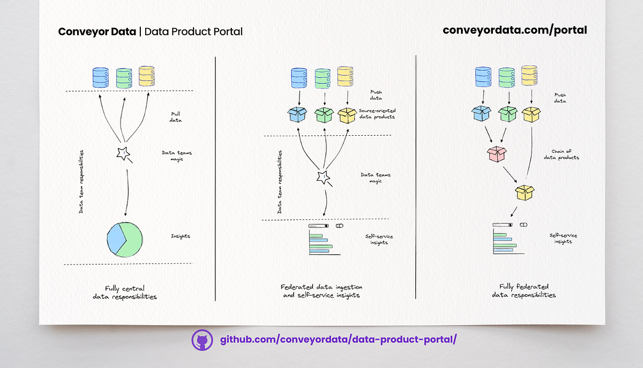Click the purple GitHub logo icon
click(202, 340)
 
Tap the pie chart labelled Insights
click(124, 239)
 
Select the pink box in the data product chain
click(497, 154)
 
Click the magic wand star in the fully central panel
click(123, 153)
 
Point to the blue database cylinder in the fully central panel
click(101, 78)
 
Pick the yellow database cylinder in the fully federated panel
click(529, 75)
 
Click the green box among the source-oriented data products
click(324, 115)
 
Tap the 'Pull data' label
click(175, 117)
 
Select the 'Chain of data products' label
click(561, 154)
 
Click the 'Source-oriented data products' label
click(377, 114)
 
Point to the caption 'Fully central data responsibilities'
click(125, 292)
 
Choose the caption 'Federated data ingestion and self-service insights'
click(322, 291)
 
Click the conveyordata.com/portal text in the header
click(515, 31)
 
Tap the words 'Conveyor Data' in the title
click(97, 32)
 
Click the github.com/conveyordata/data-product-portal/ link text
click(339, 340)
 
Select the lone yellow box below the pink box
click(525, 193)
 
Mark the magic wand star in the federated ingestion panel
click(323, 177)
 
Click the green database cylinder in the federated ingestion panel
click(323, 78)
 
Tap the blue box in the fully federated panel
click(481, 113)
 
